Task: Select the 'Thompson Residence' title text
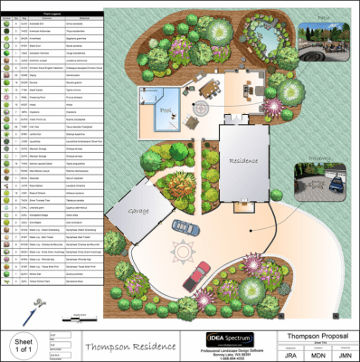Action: [x=125, y=345]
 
